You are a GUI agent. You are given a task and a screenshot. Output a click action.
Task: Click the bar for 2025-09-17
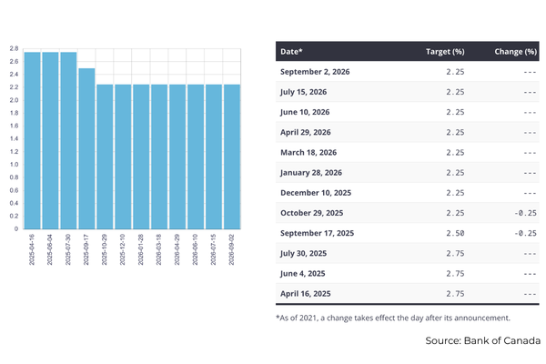(86, 148)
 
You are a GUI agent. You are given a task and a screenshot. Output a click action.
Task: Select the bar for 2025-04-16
(33, 140)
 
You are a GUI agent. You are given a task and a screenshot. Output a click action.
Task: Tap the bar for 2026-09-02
(232, 157)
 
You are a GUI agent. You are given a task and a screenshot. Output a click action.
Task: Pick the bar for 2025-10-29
(105, 157)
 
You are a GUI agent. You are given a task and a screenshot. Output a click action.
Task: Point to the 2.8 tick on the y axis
(14, 49)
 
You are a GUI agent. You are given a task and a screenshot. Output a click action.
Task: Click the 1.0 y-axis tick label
(14, 165)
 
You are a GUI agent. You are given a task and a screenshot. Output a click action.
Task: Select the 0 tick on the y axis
(16, 228)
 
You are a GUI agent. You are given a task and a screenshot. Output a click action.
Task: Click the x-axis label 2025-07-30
(68, 249)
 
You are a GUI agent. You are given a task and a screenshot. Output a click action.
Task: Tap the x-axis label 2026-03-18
(158, 249)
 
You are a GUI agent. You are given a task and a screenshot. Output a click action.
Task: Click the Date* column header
(291, 52)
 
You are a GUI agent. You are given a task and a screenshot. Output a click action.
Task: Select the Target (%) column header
(445, 52)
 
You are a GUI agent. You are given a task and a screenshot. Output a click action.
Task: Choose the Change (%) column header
(515, 52)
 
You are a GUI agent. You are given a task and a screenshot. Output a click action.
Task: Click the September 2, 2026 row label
(315, 72)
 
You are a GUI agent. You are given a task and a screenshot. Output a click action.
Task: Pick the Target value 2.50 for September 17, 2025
(455, 233)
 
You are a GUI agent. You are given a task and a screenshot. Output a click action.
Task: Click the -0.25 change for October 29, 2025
(525, 213)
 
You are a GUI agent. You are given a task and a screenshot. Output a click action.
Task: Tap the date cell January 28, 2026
(311, 173)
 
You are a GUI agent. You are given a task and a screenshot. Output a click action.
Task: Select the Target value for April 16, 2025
(455, 294)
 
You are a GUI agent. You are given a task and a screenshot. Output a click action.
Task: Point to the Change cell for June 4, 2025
(530, 274)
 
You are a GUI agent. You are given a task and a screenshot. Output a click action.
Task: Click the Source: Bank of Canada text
(482, 340)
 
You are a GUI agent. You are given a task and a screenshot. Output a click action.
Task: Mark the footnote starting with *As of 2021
(393, 318)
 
